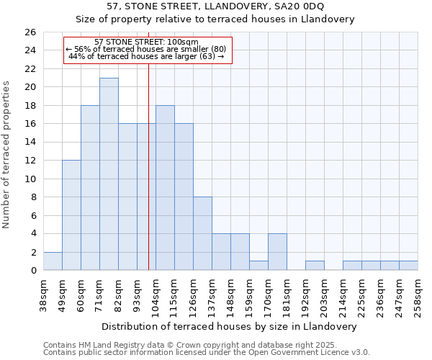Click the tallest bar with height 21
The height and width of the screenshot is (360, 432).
tap(109, 174)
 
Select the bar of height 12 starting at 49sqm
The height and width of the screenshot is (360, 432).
tap(71, 215)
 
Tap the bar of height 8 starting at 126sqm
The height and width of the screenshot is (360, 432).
tap(202, 233)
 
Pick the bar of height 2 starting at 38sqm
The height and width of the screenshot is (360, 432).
tap(53, 261)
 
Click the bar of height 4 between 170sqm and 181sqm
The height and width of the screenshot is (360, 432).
tap(277, 252)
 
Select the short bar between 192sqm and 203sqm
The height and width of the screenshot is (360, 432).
tap(315, 266)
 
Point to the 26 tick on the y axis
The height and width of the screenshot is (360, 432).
tap(30, 32)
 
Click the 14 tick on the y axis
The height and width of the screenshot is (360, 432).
tap(30, 143)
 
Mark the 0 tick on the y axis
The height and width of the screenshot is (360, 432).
tap(32, 271)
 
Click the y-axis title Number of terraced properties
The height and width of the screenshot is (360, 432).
tap(7, 155)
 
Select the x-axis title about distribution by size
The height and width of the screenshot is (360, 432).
tap(230, 326)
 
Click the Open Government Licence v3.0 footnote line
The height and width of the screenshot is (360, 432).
tap(207, 352)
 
